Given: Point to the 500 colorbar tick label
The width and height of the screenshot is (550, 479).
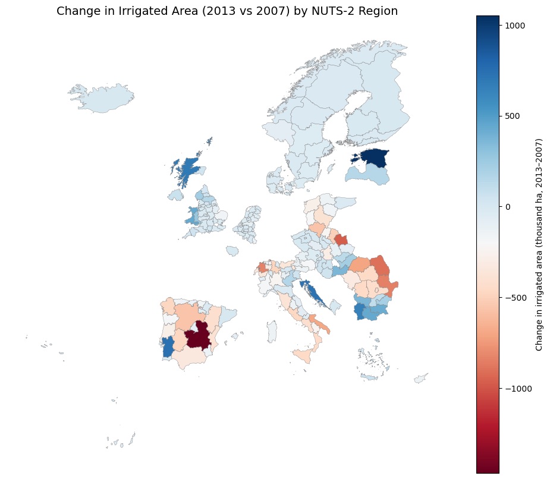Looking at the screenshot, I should [x=512, y=116].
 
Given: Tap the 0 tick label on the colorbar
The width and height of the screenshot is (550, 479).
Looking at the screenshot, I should [x=507, y=207].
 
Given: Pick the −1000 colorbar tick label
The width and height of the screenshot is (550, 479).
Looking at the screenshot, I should [x=516, y=389].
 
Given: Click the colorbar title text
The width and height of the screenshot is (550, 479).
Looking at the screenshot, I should [x=539, y=244].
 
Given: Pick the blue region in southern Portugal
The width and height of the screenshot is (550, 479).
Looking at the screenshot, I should [x=168, y=346].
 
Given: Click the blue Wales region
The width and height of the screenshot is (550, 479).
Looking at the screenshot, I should [x=193, y=216].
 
